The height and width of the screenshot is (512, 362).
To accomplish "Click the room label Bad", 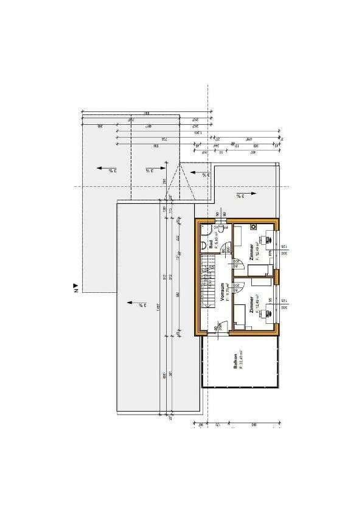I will [x=211, y=244].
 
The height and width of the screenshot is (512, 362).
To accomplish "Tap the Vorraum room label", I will [x=223, y=291].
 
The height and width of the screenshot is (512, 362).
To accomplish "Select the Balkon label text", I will [x=234, y=360].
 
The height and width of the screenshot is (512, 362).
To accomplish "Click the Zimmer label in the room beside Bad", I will [x=251, y=251].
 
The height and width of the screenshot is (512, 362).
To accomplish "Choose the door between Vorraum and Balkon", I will [x=217, y=329].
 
